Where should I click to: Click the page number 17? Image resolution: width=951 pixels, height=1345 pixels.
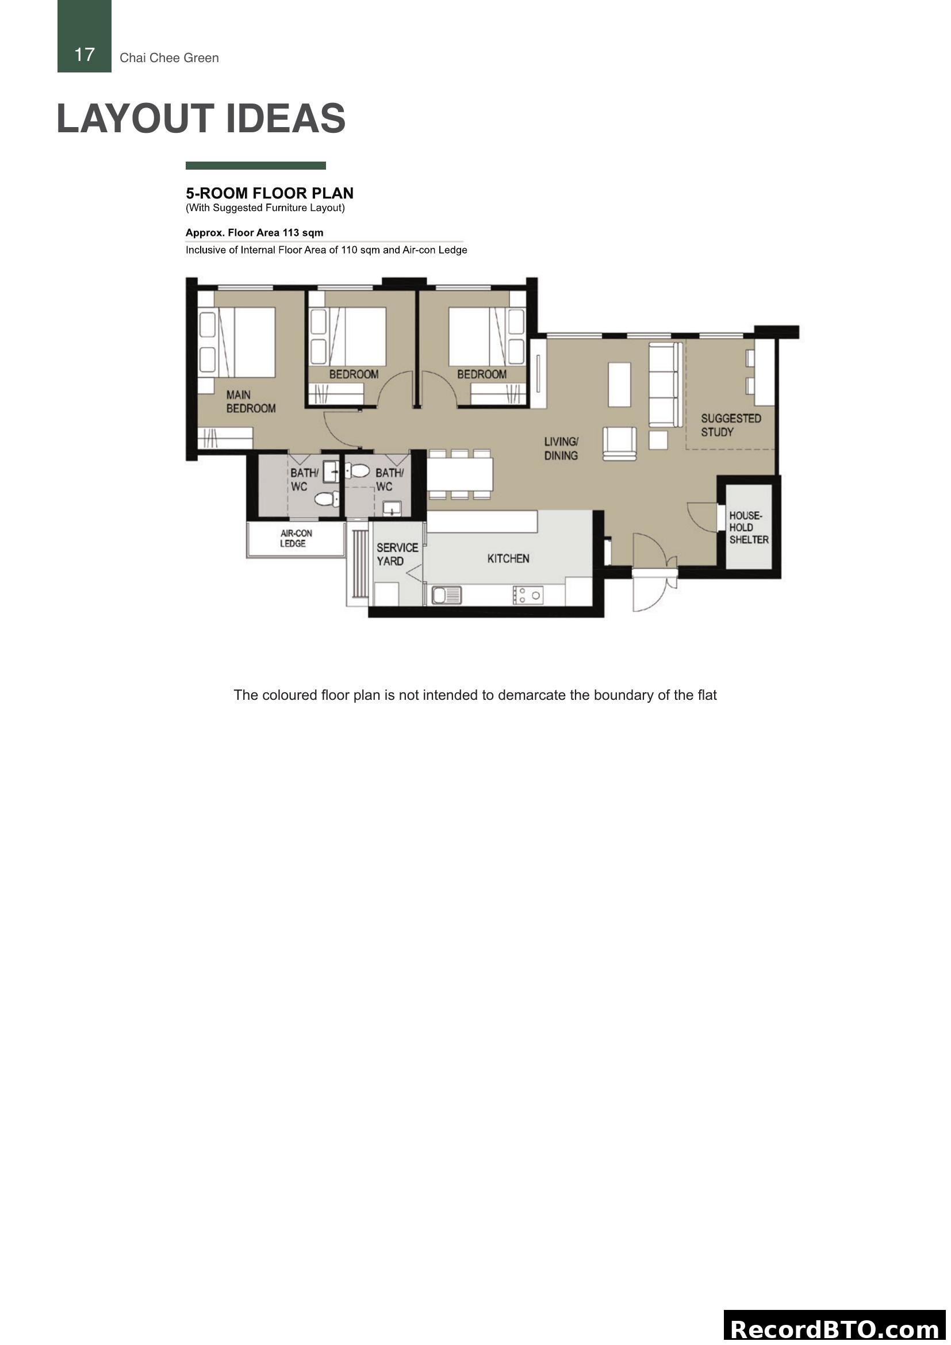click(85, 55)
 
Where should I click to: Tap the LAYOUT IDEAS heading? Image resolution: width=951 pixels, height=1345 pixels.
click(201, 119)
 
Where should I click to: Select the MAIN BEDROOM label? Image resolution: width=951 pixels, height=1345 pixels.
click(251, 402)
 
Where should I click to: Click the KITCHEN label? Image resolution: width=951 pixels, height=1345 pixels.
click(508, 559)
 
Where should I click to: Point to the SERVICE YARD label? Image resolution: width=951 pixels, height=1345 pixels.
click(397, 554)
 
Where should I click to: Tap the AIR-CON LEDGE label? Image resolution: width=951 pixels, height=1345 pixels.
click(296, 538)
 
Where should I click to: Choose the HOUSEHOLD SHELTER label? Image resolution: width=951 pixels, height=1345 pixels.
click(749, 528)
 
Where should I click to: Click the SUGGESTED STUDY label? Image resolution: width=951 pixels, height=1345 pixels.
click(731, 426)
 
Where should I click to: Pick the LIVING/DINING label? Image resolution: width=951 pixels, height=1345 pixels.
click(561, 449)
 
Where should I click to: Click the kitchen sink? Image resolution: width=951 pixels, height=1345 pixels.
click(447, 596)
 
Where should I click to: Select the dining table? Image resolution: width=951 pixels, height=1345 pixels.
click(460, 474)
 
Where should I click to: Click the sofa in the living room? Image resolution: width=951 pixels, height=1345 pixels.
click(665, 385)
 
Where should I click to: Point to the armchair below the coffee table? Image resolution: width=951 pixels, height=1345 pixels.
click(620, 443)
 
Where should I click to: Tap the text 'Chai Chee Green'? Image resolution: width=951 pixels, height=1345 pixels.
click(169, 58)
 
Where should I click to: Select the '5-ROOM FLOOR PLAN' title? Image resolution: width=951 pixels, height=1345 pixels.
click(269, 193)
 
